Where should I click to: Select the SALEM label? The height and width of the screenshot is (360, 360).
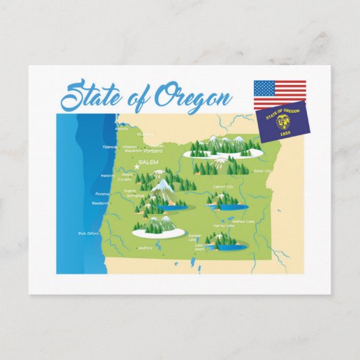(147, 162)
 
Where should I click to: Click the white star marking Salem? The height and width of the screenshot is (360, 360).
(137, 167)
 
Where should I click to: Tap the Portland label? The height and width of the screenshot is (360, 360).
(153, 151)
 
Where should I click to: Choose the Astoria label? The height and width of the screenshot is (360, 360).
(122, 128)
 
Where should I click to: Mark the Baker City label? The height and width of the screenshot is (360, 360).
(262, 171)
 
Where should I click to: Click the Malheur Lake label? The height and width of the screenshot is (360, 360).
(243, 221)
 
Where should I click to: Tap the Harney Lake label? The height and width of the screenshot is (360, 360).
(223, 226)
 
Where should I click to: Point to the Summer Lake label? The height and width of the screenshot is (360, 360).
(193, 238)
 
